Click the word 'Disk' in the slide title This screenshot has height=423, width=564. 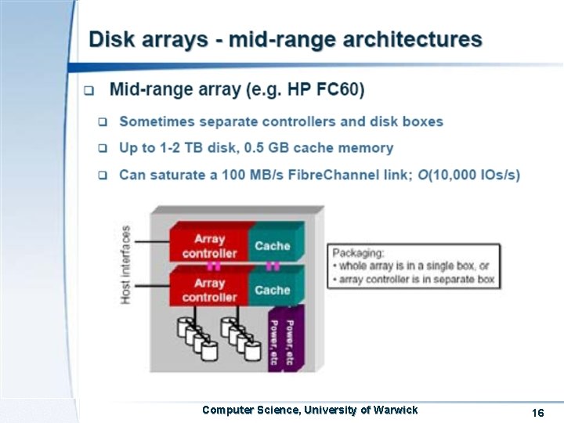tap(111, 38)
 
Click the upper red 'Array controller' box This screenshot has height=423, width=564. tap(209, 245)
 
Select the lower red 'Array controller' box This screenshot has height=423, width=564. tap(209, 290)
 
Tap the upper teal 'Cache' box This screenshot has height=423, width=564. tap(273, 245)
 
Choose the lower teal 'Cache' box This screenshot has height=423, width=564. tap(273, 290)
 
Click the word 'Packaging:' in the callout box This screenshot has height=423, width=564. tap(358, 252)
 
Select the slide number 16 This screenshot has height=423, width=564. tap(537, 413)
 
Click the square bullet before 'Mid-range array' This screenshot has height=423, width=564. tap(89, 90)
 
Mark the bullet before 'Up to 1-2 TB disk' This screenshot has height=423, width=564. tap(103, 148)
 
